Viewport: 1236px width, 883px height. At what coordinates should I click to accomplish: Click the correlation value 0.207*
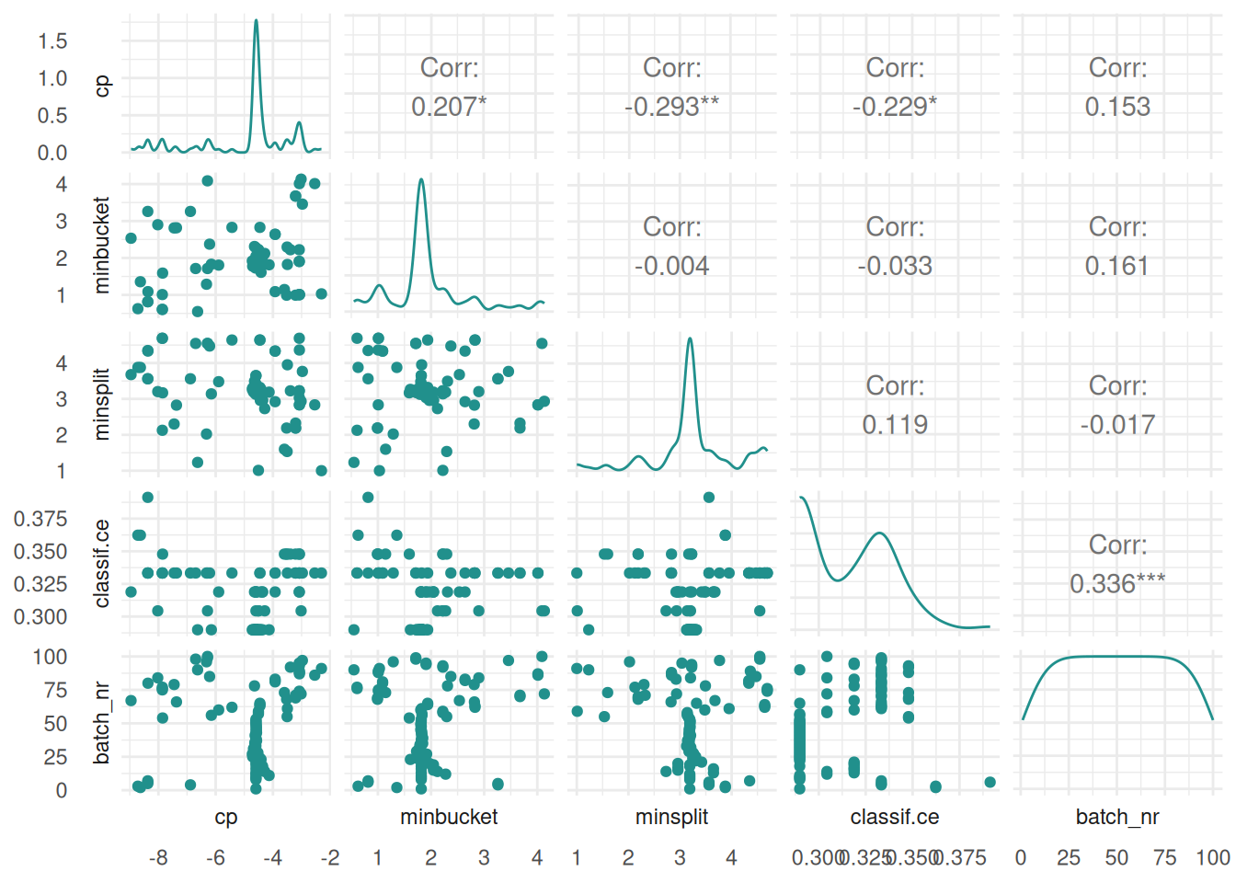(x=449, y=107)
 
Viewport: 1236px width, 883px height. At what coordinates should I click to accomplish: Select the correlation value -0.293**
(x=671, y=107)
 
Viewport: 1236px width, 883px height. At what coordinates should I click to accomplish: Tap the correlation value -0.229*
(x=895, y=107)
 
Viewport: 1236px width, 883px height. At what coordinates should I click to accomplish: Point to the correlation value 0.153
(x=1117, y=107)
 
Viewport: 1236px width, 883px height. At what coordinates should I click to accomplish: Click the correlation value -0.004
(x=671, y=266)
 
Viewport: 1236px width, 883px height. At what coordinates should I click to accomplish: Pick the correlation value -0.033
(x=895, y=266)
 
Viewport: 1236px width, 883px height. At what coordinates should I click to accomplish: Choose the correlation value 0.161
(x=1117, y=266)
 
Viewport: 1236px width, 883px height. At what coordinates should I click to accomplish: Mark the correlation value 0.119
(x=895, y=425)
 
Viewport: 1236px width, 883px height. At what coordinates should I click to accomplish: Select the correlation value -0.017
(x=1117, y=425)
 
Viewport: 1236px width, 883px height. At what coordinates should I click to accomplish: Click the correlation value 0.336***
(x=1117, y=584)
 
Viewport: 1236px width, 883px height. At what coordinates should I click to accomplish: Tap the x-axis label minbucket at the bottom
(x=449, y=817)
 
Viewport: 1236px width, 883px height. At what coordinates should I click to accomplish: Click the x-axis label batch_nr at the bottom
(x=1117, y=817)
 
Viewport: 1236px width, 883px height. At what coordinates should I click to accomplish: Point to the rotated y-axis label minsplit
(x=102, y=404)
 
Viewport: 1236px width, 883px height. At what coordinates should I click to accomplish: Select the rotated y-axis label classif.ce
(x=102, y=563)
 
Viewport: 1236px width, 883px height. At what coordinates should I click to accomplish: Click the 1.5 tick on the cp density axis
(x=52, y=40)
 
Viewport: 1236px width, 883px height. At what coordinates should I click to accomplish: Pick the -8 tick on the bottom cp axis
(x=158, y=858)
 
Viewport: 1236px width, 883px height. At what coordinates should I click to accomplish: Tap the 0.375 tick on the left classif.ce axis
(x=40, y=519)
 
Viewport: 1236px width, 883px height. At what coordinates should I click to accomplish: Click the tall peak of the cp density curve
(x=257, y=21)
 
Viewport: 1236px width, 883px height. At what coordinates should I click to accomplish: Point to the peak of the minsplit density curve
(x=690, y=339)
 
